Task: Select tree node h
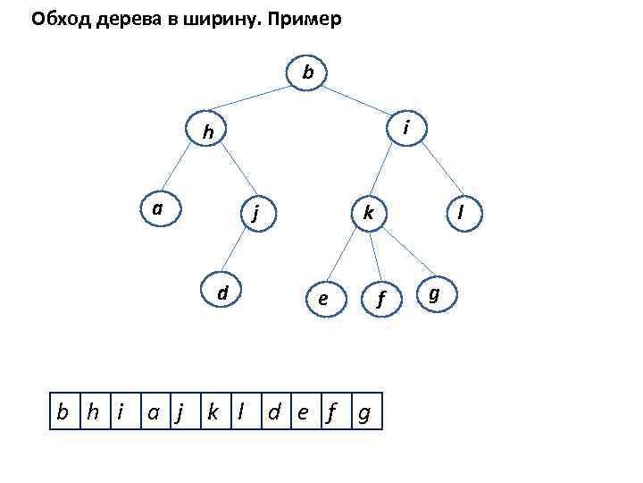pos(207,131)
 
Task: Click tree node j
pos(255,214)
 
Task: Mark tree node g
pos(434,292)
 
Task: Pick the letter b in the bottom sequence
pos(63,412)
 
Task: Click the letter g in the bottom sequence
pos(363,413)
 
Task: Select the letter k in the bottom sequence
pos(212,412)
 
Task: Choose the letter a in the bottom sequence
pos(154,412)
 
